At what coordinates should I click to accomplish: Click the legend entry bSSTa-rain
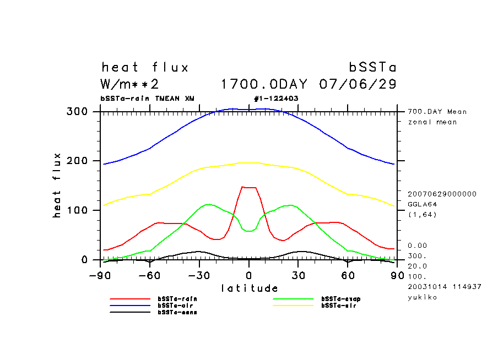point(177,299)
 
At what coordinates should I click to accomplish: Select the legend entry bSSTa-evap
point(340,299)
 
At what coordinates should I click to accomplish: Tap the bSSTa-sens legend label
point(177,312)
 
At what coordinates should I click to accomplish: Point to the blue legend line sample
point(130,306)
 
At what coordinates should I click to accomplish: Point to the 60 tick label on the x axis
point(347,275)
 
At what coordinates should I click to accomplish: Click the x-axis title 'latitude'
point(249,288)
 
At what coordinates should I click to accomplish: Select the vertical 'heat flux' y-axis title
point(57,186)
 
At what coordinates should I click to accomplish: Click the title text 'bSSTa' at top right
point(373,68)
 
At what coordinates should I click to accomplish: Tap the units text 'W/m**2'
point(130,85)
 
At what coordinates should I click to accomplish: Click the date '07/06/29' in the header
point(358,85)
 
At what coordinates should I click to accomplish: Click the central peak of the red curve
point(249,188)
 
